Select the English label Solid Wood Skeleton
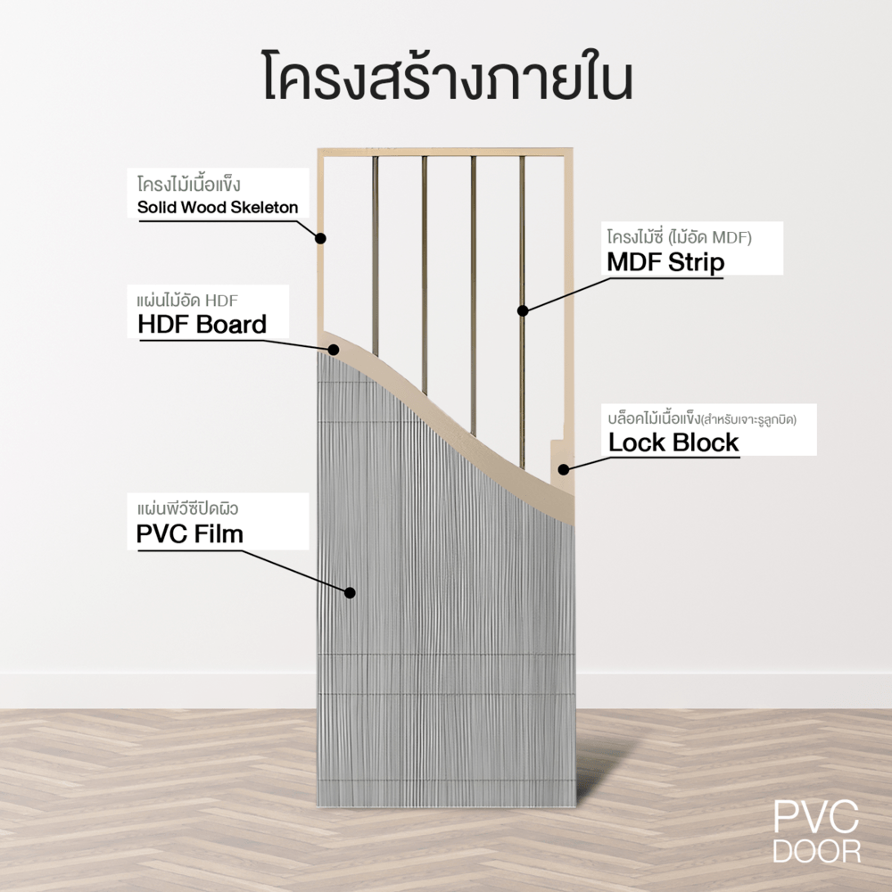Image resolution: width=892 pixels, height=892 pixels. point(218,208)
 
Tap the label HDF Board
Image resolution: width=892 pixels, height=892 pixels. point(202,324)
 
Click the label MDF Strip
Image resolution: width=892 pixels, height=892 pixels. point(665,262)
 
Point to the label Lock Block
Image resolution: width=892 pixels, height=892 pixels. point(673,442)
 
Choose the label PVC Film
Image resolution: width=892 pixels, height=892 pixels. point(191,533)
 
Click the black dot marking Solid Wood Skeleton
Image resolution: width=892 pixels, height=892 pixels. point(320,238)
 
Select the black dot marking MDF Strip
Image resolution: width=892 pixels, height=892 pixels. point(523,310)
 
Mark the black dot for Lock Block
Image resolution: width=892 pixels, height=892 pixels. point(563,469)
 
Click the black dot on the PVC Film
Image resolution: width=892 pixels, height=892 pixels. point(350,592)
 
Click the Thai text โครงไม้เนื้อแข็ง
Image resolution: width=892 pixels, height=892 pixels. point(190,185)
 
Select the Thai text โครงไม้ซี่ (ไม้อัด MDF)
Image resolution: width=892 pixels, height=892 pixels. point(681,237)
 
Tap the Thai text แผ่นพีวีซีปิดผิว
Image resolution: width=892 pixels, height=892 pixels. point(187,509)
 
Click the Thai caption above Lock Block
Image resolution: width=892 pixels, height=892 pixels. point(701,417)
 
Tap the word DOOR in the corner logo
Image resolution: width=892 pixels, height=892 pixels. point(816,850)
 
